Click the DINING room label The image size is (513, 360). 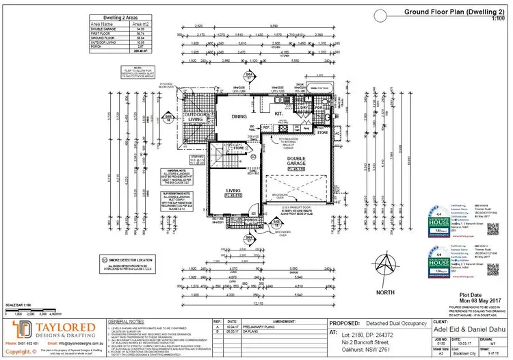click(x=239, y=116)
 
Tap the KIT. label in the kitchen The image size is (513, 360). click(x=280, y=112)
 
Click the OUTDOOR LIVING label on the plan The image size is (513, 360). click(x=187, y=117)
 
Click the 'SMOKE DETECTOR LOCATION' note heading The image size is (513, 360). click(x=131, y=260)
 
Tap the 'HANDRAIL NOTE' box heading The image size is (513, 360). click(x=177, y=171)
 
